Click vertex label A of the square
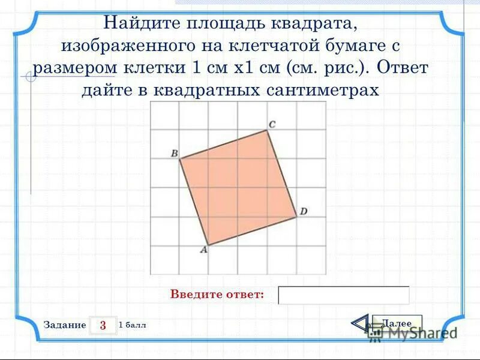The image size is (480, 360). coord(203,251)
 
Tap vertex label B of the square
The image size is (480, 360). coord(174,154)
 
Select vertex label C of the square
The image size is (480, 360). coord(271,124)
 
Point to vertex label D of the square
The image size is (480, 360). coord(304,211)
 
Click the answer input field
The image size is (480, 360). coord(344,295)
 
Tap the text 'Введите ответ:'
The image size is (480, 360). coord(217,295)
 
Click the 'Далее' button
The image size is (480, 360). coord(397,323)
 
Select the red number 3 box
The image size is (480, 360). coord(103,325)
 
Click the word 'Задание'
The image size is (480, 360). coord(65,325)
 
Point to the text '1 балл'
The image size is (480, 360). coord(133,325)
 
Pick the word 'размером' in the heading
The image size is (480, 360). coord(71,68)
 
